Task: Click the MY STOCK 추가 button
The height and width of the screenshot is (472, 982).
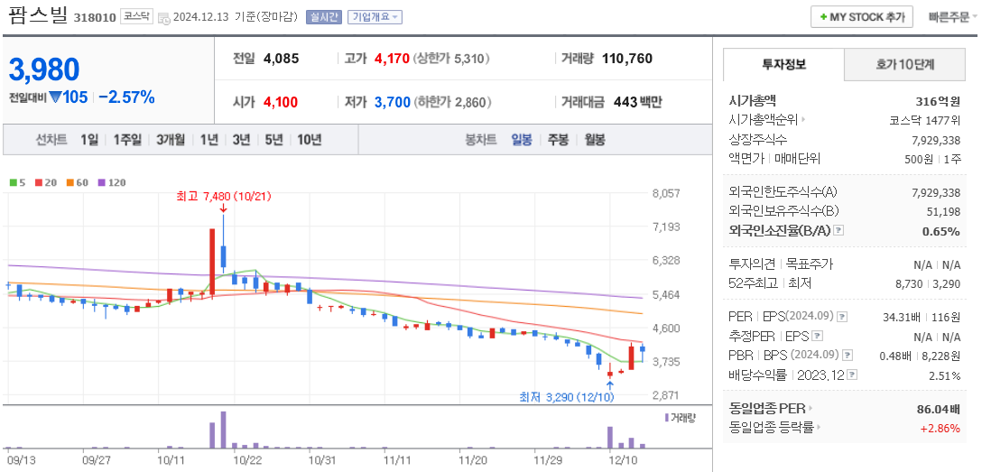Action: coord(861,17)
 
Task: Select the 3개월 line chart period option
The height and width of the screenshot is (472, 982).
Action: coord(171,140)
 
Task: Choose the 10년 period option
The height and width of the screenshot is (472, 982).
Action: coord(309,140)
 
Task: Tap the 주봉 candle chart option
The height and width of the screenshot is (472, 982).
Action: coord(558,140)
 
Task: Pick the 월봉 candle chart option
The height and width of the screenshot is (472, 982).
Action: coord(594,140)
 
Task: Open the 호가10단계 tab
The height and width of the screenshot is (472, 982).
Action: coord(905,65)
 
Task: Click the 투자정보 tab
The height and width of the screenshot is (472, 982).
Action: coord(783,65)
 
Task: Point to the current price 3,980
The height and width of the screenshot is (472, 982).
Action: coord(44,69)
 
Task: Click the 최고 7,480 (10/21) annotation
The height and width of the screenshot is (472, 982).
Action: coord(224,196)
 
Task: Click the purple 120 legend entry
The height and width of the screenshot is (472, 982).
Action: coord(113,183)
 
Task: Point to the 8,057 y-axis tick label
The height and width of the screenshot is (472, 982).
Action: coord(665,193)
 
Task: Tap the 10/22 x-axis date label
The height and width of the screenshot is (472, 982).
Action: coord(247,459)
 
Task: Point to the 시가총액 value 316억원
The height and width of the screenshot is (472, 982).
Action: coord(938,101)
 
